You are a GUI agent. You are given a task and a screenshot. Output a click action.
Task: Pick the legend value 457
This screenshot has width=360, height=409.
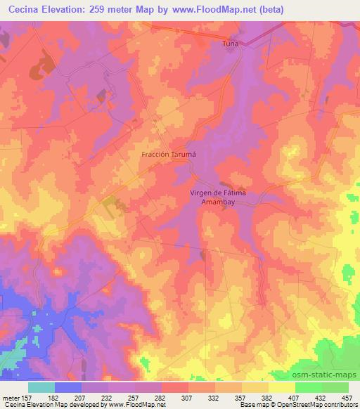pos(349,398)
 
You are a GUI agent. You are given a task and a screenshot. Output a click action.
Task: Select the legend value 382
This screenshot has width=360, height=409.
pos(269,398)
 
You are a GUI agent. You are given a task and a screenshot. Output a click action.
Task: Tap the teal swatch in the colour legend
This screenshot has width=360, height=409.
pos(41,387)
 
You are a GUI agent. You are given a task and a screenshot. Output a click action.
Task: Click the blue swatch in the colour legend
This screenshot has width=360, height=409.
pos(68,387)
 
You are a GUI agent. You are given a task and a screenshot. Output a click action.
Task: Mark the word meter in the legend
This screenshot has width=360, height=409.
pos(11,398)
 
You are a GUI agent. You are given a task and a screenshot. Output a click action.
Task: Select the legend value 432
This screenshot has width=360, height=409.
pos(322,398)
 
